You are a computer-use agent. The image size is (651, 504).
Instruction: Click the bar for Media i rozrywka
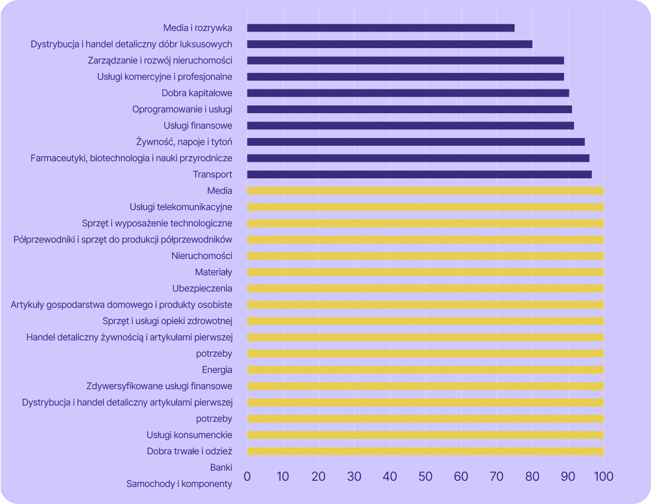[381, 28]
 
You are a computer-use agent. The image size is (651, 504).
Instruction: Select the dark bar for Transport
[420, 175]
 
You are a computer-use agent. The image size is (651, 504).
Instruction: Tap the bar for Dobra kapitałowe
[408, 93]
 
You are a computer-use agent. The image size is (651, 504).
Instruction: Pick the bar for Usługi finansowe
[410, 126]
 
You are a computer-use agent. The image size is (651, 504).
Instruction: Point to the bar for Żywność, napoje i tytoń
[416, 142]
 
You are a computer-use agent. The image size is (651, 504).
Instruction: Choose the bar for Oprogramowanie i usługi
[409, 110]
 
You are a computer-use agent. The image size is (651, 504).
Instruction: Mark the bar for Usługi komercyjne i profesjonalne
[406, 77]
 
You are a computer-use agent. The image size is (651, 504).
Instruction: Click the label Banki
[221, 468]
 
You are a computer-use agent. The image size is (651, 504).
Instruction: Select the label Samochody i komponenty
[179, 484]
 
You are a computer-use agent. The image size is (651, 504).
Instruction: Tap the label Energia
[217, 370]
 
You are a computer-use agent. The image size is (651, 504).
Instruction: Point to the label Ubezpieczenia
[202, 288]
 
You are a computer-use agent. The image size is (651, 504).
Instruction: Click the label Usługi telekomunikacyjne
[181, 207]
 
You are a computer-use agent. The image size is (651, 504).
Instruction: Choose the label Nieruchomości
[202, 256]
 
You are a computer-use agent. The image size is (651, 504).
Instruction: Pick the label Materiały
[213, 272]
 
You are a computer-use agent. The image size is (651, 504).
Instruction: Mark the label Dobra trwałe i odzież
[189, 451]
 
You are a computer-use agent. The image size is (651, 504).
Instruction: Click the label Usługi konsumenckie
[189, 435]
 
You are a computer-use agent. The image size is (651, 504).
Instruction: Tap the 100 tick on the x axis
[603, 476]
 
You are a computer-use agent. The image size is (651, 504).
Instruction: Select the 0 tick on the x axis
[247, 476]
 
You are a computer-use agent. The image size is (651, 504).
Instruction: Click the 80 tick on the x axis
[532, 476]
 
